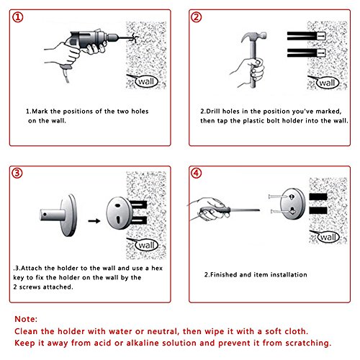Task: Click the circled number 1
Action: pos(17,17)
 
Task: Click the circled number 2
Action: pos(196,17)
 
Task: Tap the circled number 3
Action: pos(17,174)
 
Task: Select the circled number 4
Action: pos(196,174)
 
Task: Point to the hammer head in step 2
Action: pos(254,37)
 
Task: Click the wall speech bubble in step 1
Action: pos(146,81)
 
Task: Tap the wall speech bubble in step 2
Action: pos(327,83)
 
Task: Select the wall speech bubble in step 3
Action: pos(146,246)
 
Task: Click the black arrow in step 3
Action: pos(94,221)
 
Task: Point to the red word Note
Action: pos(26,319)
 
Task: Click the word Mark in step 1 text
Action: pos(40,112)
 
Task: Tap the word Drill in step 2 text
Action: pos(213,112)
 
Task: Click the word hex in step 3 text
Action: pos(157,268)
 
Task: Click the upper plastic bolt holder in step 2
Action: pos(306,36)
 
